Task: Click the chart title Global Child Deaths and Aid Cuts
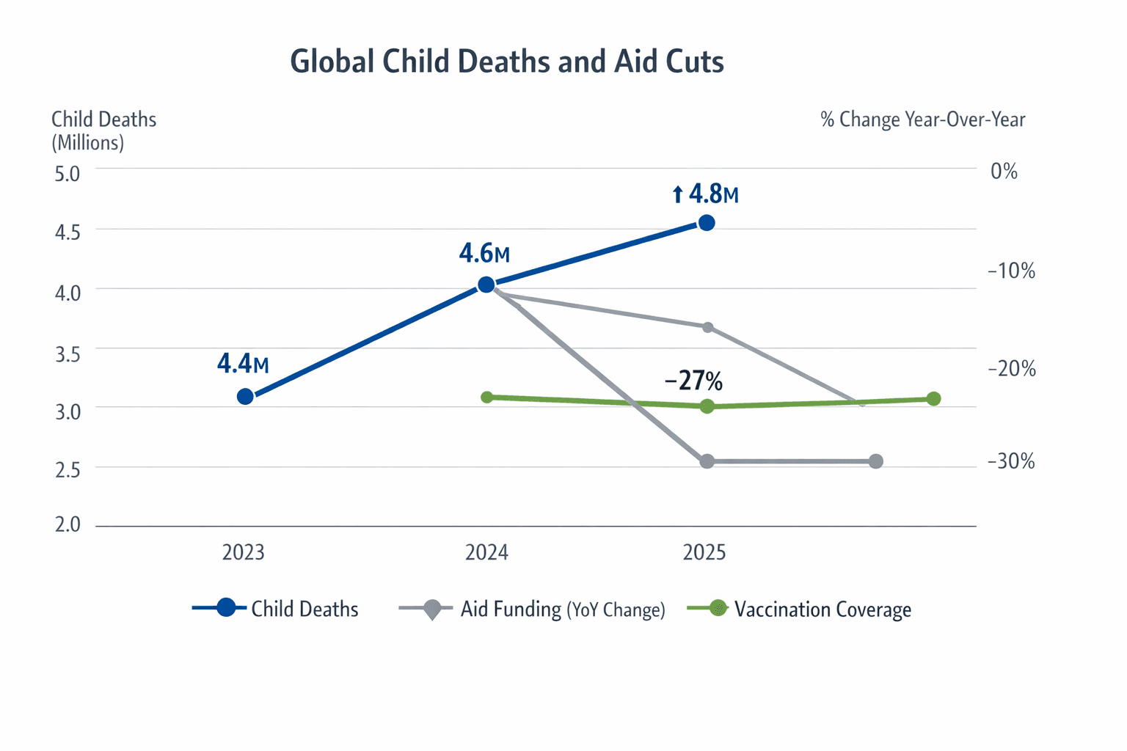(x=507, y=62)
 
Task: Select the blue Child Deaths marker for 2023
(x=246, y=397)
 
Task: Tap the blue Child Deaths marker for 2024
(x=486, y=285)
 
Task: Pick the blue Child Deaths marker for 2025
(x=707, y=223)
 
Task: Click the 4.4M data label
(x=243, y=364)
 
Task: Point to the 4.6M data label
(x=484, y=254)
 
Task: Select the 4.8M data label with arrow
(x=705, y=194)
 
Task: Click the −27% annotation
(x=693, y=381)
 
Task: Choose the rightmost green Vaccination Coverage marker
(x=933, y=399)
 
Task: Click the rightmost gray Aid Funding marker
(x=875, y=461)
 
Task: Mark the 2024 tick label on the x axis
(x=486, y=552)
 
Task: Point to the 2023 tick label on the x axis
(x=244, y=552)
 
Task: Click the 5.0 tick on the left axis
(x=68, y=175)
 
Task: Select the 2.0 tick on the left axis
(x=68, y=525)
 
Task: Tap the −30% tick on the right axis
(x=1011, y=461)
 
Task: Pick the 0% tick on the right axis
(x=1004, y=172)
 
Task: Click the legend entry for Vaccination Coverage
(x=800, y=609)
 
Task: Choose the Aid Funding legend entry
(x=533, y=609)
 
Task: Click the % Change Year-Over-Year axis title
(x=922, y=120)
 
